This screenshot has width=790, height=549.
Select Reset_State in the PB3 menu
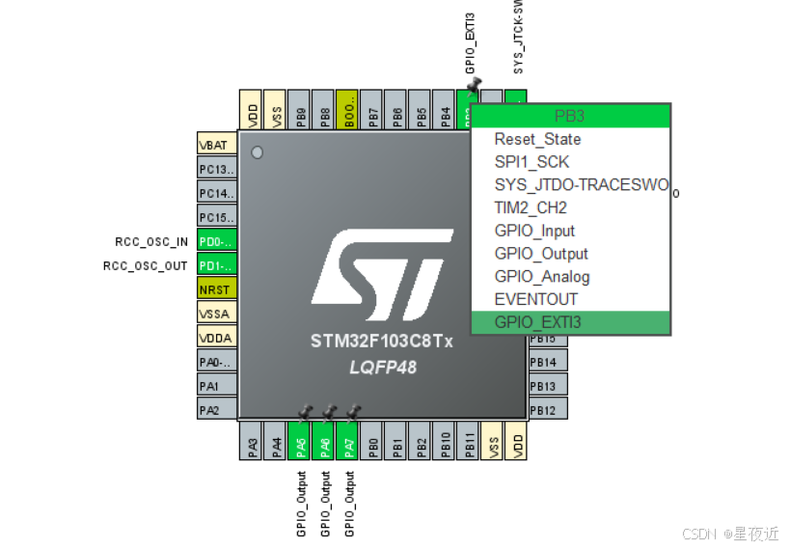537,139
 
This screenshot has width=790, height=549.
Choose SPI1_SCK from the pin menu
531,162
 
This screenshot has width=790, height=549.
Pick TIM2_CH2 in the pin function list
531,207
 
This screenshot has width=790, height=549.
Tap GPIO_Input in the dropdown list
534,231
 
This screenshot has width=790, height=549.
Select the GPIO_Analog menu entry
541,276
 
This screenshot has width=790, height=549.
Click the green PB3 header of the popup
570,116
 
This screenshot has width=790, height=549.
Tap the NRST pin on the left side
216,288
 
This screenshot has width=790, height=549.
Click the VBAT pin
216,145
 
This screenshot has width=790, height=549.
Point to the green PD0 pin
216,241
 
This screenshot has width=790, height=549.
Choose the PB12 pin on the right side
544,411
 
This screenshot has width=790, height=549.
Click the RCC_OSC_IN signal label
146,242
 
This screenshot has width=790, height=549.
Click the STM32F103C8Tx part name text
382,343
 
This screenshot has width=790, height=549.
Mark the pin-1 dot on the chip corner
257,152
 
